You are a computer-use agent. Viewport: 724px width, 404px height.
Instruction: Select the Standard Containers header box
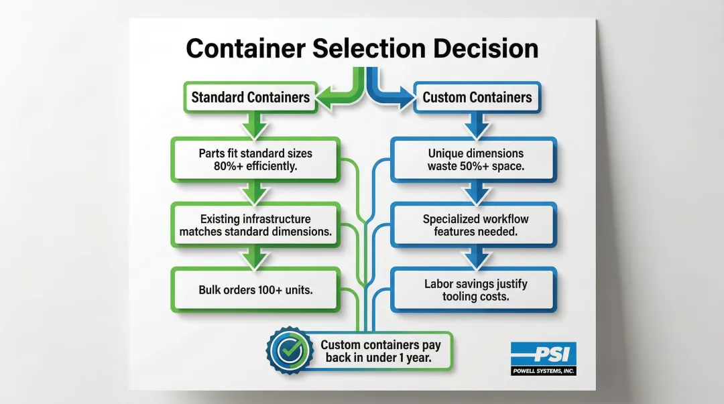pyautogui.click(x=250, y=97)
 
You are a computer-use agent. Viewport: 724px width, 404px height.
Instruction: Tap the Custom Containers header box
pyautogui.click(x=477, y=97)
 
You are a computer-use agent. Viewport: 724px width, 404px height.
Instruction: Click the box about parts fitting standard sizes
pyautogui.click(x=255, y=160)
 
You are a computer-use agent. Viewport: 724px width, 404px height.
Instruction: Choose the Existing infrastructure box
pyautogui.click(x=255, y=225)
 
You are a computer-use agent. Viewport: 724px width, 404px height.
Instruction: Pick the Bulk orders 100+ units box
pyautogui.click(x=255, y=289)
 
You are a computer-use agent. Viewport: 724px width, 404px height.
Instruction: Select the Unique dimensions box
pyautogui.click(x=474, y=160)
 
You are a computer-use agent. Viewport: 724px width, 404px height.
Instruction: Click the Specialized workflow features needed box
pyautogui.click(x=474, y=225)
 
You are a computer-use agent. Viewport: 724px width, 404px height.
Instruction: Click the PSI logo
pyautogui.click(x=543, y=354)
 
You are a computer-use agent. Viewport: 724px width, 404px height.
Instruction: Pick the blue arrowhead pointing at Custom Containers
pyautogui.click(x=404, y=98)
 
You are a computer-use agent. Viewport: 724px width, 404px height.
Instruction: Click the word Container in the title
pyautogui.click(x=253, y=49)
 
